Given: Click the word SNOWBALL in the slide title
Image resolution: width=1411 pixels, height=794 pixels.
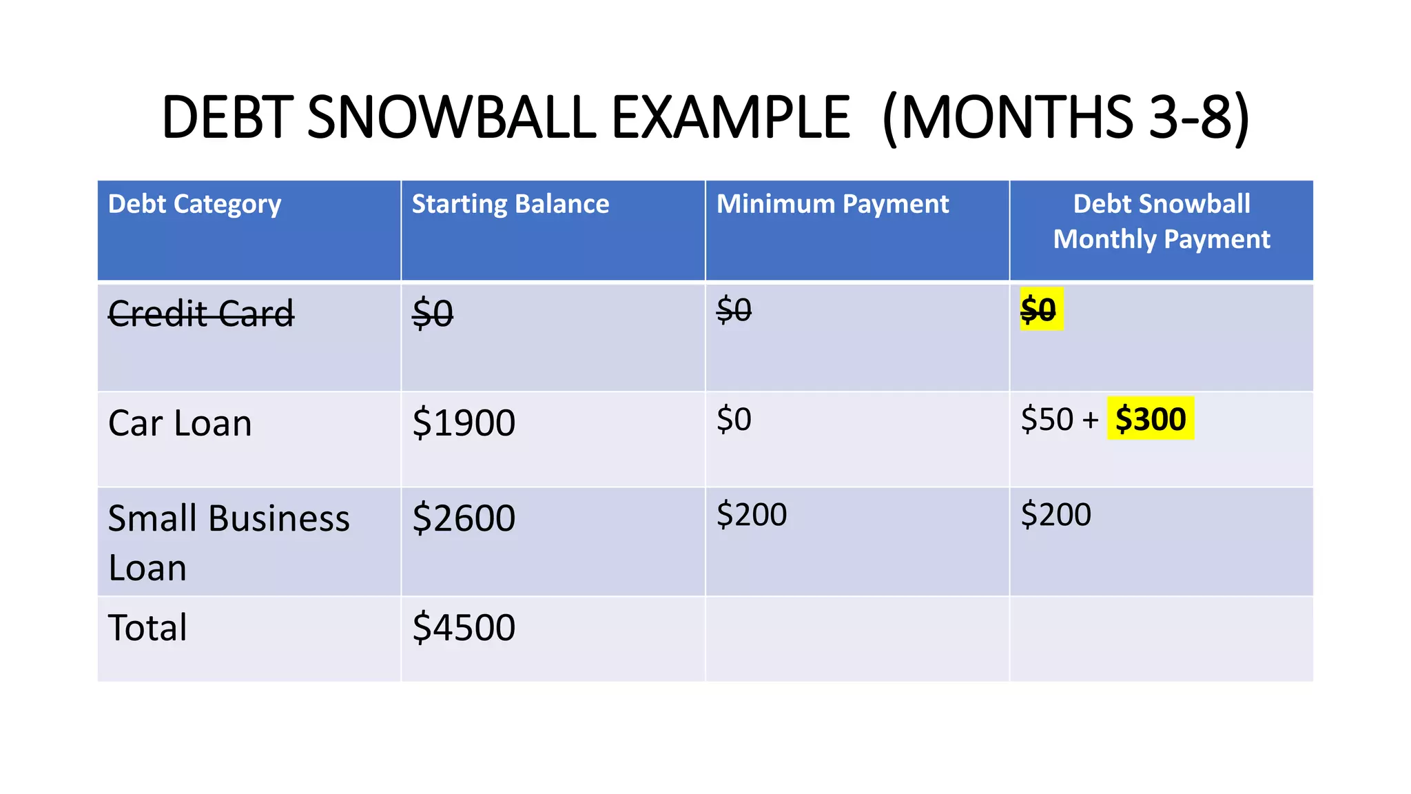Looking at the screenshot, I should pyautogui.click(x=451, y=117).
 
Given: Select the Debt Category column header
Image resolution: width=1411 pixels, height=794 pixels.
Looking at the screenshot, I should pyautogui.click(x=194, y=205).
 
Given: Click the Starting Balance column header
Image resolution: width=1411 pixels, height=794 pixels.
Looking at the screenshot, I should pyautogui.click(x=510, y=205).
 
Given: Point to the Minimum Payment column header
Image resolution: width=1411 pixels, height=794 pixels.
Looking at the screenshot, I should pyautogui.click(x=832, y=205).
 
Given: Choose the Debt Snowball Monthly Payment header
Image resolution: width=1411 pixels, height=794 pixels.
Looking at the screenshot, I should pyautogui.click(x=1162, y=221).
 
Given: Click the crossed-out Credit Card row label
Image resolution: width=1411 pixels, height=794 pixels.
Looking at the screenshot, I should pyautogui.click(x=201, y=314).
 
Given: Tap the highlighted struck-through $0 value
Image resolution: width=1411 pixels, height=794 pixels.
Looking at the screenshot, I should pyautogui.click(x=1038, y=309).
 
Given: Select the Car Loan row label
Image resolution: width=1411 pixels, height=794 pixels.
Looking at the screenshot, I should pyautogui.click(x=180, y=423).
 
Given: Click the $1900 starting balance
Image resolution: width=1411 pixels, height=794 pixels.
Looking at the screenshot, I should pyautogui.click(x=464, y=423).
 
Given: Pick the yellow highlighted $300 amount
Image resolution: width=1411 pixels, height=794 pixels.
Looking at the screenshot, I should pyautogui.click(x=1151, y=419).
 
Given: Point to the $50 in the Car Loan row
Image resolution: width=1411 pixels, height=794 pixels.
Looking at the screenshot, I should pyautogui.click(x=1047, y=419).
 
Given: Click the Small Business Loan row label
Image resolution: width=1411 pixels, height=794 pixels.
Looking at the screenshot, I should pyautogui.click(x=229, y=542).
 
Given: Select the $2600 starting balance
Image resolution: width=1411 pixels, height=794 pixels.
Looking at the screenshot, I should pyautogui.click(x=464, y=518).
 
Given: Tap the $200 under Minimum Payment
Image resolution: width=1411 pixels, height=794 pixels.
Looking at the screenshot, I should pyautogui.click(x=752, y=515).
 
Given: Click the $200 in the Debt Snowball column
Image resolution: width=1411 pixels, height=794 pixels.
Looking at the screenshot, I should pyautogui.click(x=1056, y=515).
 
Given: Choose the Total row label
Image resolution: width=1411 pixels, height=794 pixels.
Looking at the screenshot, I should pyautogui.click(x=147, y=628).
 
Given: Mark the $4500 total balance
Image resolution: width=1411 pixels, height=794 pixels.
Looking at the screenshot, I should pyautogui.click(x=464, y=628).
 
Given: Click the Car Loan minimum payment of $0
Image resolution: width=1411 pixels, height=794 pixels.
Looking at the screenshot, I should pyautogui.click(x=734, y=419).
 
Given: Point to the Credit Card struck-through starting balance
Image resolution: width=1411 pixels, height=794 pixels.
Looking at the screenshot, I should pyautogui.click(x=433, y=314).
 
